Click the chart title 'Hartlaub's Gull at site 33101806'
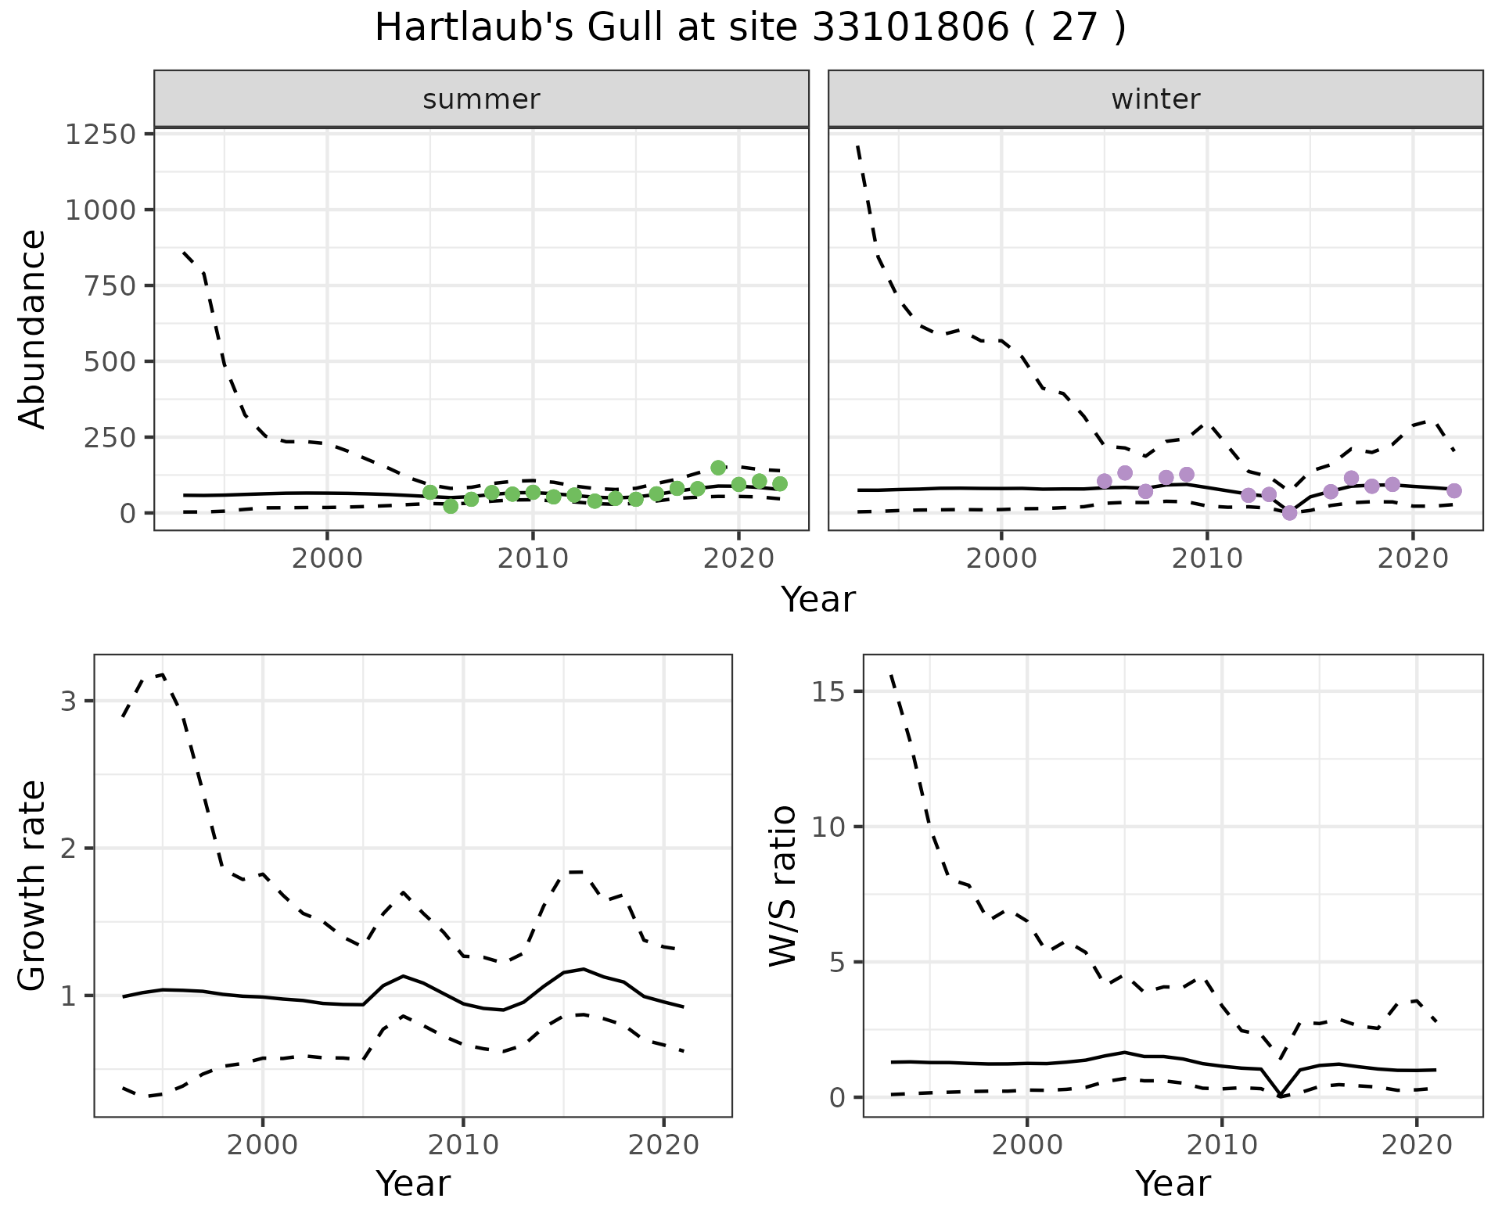coord(749,28)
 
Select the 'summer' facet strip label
coord(481,99)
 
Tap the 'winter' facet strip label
coord(1155,99)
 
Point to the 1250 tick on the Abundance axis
coord(100,135)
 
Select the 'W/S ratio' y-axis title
coord(782,885)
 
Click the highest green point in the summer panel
coord(718,468)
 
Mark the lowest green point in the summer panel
coord(451,506)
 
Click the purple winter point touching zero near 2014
coord(1290,513)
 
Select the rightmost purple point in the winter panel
coord(1454,490)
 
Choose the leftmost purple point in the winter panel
coord(1105,481)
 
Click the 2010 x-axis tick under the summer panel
coord(533,560)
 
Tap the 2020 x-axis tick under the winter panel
coord(1413,560)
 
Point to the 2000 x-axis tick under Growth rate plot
coord(263,1146)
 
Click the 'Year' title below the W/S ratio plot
coord(1173,1184)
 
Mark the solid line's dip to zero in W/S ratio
coord(1280,1096)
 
